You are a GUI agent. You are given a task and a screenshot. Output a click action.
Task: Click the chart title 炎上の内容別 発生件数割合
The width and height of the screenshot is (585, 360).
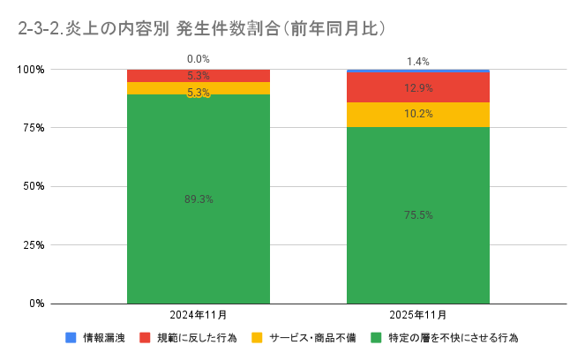click(x=203, y=28)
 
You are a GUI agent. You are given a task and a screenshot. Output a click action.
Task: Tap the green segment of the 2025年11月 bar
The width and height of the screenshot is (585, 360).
click(x=418, y=256)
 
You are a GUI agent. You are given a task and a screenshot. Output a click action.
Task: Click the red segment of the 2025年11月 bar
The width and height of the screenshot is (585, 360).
click(x=418, y=87)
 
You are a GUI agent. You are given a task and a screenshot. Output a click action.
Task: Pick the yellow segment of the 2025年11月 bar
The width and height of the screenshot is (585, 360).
click(x=418, y=115)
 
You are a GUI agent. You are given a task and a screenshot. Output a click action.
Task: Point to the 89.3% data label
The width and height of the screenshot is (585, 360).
click(x=199, y=199)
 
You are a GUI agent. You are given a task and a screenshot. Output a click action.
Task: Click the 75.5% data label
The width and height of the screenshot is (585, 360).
click(x=418, y=215)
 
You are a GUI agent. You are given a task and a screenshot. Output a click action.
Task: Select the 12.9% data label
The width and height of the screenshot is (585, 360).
click(x=418, y=88)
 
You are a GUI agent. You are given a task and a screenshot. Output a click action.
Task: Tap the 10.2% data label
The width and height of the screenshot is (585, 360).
click(x=418, y=114)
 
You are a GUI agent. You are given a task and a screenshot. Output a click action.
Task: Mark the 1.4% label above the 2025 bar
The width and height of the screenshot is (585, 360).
click(x=418, y=62)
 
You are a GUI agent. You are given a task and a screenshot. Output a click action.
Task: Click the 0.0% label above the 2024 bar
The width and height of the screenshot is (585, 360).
click(x=199, y=59)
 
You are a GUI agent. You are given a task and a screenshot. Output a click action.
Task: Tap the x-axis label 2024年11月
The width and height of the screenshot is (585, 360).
click(x=199, y=315)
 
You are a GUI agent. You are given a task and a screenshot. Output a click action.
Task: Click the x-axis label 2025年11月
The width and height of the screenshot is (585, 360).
click(x=418, y=315)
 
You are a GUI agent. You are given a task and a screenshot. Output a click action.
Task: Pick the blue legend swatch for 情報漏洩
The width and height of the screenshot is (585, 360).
click(x=71, y=338)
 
